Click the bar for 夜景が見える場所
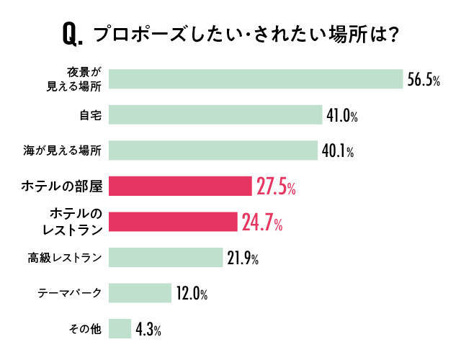pos(256,78)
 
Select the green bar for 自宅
pos(215,115)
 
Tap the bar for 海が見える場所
pos(213,150)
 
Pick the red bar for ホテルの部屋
pos(180,186)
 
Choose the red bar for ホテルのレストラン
pos(173,222)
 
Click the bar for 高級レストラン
pos(166,257)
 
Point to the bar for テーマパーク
pos(140,293)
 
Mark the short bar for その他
pos(120,329)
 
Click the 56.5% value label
pos(424,80)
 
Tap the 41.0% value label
pos(343,116)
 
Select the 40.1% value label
pos(338,152)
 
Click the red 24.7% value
pos(262,223)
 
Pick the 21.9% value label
pos(243,258)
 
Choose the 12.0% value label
pos(192,294)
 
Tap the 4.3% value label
pos(148,330)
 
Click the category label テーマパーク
pos(71,293)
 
